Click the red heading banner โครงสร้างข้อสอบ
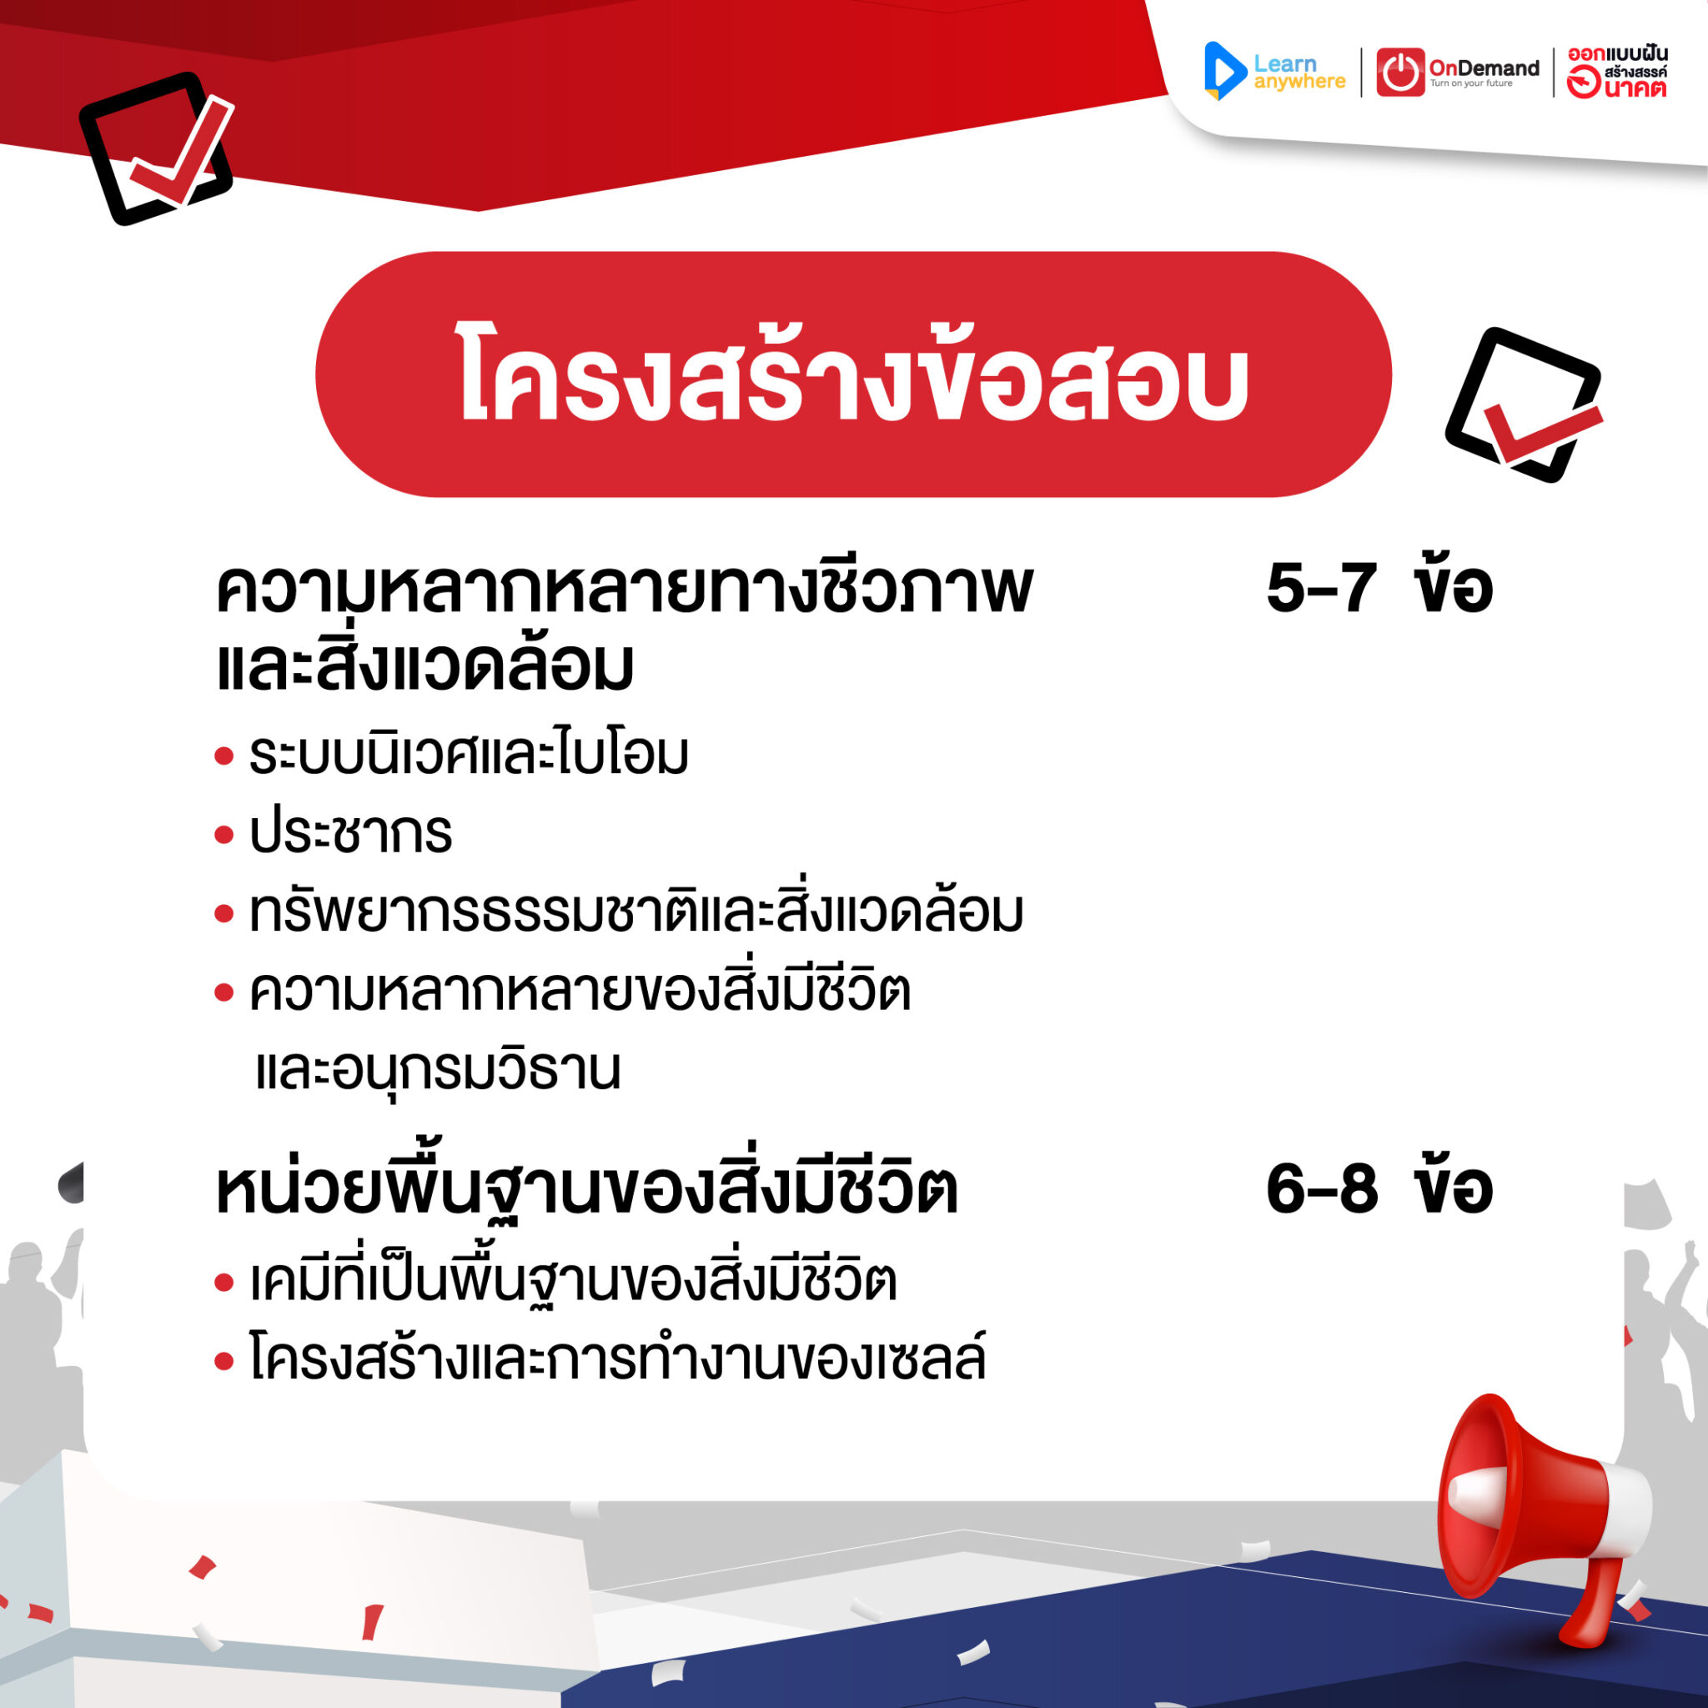(x=853, y=374)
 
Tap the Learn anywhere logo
(x=1275, y=72)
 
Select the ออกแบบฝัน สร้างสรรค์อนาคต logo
(x=1616, y=72)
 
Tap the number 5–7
(x=1321, y=589)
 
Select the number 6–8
(x=1321, y=1190)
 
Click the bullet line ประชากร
(x=351, y=834)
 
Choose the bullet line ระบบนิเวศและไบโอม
(x=469, y=755)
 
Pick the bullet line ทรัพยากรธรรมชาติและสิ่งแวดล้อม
(x=636, y=912)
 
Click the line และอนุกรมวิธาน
(x=439, y=1071)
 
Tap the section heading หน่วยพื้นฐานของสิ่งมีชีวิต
(x=587, y=1190)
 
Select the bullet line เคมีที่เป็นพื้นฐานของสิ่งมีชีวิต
(x=574, y=1282)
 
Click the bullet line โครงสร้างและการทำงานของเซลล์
(x=618, y=1359)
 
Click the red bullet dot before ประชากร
(x=224, y=835)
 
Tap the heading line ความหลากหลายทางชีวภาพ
(x=624, y=589)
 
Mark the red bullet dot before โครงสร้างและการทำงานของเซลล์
(x=224, y=1361)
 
